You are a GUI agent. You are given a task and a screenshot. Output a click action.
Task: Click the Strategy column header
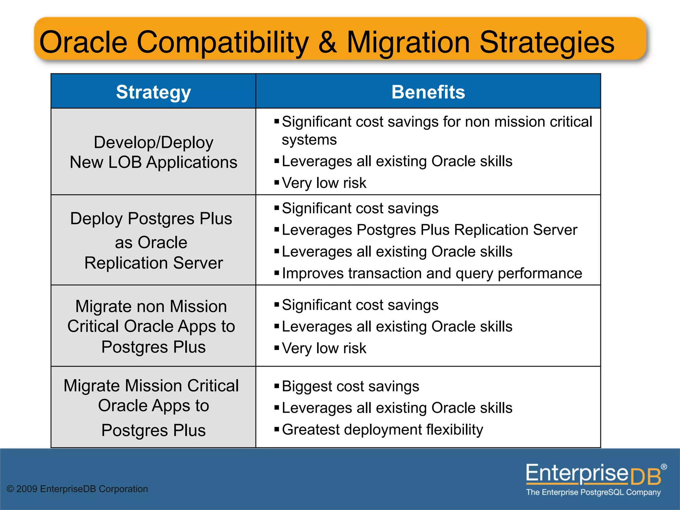click(153, 92)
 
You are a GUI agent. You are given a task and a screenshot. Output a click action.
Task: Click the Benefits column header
click(428, 92)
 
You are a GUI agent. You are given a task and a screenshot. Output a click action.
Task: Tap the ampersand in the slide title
click(327, 42)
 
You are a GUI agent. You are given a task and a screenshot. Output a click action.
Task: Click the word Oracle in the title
click(83, 42)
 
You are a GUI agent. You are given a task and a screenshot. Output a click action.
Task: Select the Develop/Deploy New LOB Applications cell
click(153, 152)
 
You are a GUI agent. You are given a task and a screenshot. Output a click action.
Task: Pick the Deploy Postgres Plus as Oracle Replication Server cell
click(153, 240)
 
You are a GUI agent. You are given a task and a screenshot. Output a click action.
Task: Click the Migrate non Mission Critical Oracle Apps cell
click(153, 326)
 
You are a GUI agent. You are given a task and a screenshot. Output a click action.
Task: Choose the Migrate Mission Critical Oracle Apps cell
click(153, 407)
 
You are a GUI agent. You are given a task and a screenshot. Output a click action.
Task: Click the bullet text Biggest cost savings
click(350, 386)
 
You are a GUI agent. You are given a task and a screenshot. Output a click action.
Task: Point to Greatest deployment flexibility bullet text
click(382, 429)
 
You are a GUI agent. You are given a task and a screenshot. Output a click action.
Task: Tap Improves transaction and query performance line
click(432, 273)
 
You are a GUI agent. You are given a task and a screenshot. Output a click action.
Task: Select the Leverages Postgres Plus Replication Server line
click(429, 230)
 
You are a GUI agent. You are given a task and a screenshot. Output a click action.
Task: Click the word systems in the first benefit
click(309, 140)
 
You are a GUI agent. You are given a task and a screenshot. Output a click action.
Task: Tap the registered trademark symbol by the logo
click(664, 467)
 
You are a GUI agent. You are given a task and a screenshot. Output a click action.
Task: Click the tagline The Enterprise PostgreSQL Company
click(593, 492)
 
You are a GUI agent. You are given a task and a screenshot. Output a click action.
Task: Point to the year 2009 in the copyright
click(27, 489)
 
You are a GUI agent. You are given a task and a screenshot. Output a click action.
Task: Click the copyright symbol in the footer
click(10, 489)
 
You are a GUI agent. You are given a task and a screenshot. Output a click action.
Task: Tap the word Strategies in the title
click(547, 42)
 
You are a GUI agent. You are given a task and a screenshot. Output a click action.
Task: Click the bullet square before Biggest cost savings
click(277, 386)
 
